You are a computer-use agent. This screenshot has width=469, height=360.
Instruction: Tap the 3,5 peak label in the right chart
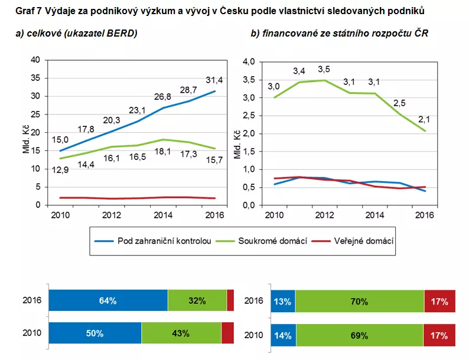[325, 69]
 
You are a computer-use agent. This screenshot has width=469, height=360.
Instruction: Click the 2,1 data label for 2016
[424, 120]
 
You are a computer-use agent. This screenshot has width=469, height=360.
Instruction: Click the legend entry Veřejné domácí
[363, 241]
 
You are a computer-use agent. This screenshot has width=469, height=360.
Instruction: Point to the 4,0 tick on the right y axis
[249, 61]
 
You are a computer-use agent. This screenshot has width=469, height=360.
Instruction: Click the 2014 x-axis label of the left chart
[163, 215]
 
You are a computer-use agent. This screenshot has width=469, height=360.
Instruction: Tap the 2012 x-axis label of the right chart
[325, 215]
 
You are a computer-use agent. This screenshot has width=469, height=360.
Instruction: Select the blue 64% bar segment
[108, 301]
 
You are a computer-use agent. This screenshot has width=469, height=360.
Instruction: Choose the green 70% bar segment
[359, 302]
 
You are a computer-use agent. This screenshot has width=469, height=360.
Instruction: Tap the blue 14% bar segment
[283, 335]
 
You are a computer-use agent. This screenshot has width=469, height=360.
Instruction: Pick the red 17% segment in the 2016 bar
[439, 302]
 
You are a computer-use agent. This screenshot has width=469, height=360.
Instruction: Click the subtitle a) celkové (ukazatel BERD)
[76, 34]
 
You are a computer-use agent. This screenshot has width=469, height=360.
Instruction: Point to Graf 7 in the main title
[28, 11]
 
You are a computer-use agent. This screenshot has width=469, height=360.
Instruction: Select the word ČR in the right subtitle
[421, 34]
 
